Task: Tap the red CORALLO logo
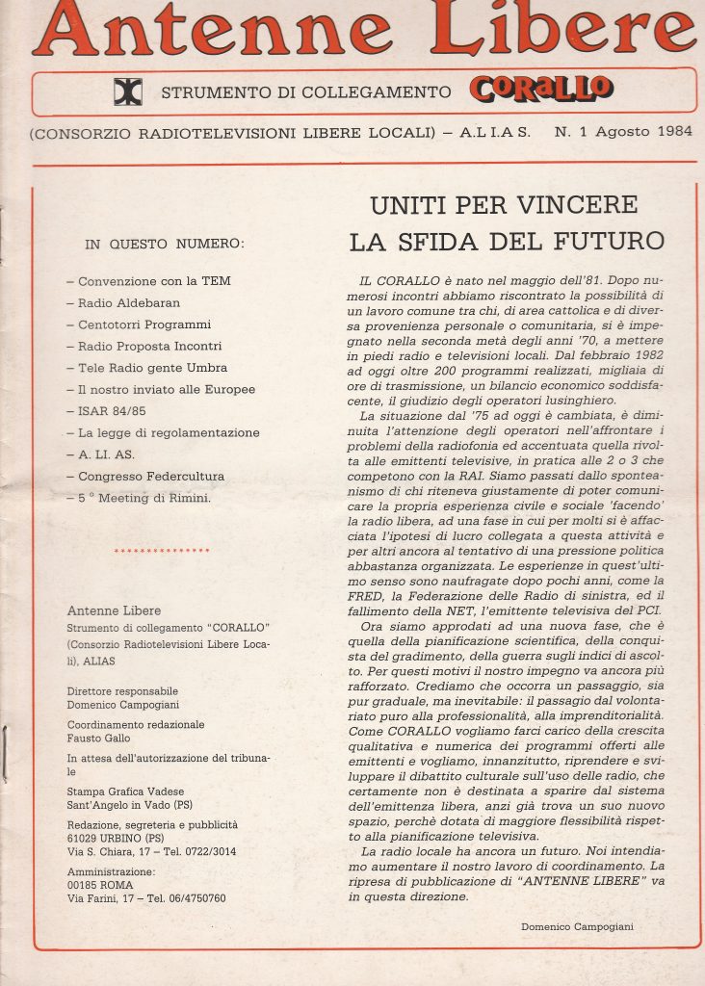(x=539, y=89)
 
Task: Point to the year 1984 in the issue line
(x=668, y=132)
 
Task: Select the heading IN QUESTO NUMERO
(x=165, y=245)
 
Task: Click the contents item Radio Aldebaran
(x=123, y=302)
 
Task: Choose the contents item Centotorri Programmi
(x=139, y=324)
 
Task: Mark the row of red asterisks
(x=161, y=551)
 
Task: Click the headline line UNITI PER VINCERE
(x=504, y=205)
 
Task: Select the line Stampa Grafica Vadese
(x=126, y=791)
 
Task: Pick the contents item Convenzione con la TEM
(x=148, y=281)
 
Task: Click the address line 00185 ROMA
(x=100, y=885)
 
